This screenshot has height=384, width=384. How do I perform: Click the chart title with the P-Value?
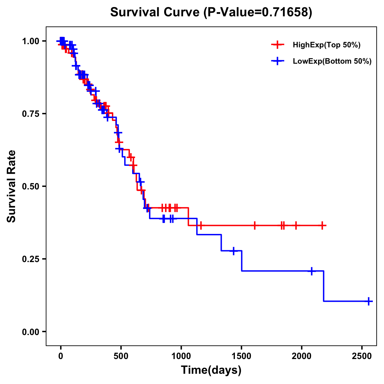(x=211, y=12)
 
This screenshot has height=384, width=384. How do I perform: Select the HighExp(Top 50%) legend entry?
(x=326, y=45)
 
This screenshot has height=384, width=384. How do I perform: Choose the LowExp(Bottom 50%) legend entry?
(x=332, y=61)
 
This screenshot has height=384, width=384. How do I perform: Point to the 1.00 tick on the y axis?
(x=31, y=41)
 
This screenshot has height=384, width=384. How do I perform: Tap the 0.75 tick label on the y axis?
(x=31, y=114)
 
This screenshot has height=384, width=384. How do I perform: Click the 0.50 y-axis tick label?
(x=31, y=186)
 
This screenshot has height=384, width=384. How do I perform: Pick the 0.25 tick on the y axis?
(x=31, y=259)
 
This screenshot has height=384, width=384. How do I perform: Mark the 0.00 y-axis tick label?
(x=31, y=332)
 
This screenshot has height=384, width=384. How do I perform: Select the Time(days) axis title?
(x=211, y=370)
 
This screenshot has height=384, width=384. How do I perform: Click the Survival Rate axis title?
(x=12, y=186)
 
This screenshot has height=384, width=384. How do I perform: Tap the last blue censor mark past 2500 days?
(x=369, y=301)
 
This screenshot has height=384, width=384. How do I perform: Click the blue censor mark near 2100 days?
(x=311, y=271)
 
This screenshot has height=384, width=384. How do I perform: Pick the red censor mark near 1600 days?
(x=255, y=225)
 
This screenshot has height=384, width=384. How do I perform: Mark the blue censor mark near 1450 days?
(x=234, y=251)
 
